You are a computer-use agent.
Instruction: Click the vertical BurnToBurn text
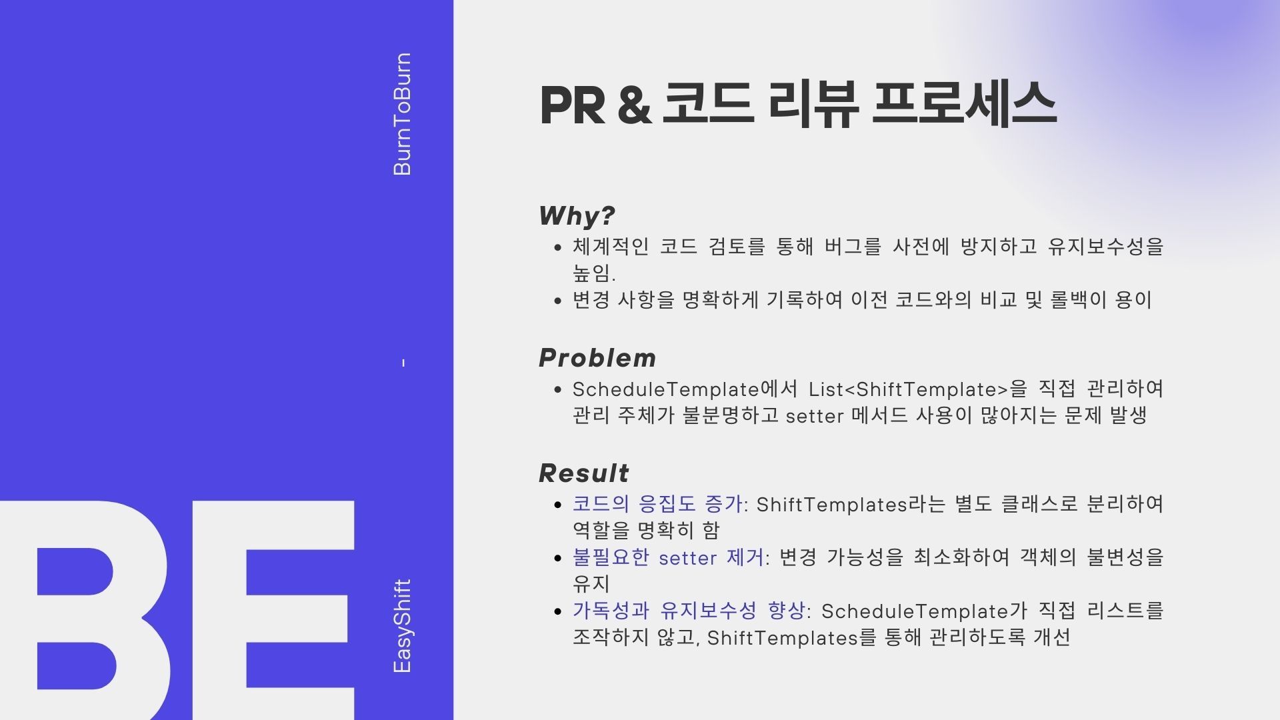[403, 114]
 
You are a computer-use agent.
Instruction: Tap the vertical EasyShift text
[403, 626]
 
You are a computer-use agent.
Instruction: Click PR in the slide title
[572, 105]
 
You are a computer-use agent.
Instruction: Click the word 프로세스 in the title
[964, 104]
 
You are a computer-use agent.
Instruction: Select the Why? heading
[577, 215]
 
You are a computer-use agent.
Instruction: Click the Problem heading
[597, 358]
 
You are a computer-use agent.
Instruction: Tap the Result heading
[584, 473]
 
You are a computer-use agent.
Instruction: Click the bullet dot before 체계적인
[558, 247]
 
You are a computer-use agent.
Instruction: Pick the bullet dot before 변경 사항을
[558, 301]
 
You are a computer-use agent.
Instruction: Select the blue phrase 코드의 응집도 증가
[657, 503]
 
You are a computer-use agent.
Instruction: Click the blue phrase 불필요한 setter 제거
[668, 557]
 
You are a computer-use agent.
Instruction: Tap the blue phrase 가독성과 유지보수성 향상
[689, 610]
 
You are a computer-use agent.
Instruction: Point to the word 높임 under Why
[591, 273]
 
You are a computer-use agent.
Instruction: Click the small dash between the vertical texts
[403, 363]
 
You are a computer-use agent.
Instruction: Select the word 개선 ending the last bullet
[1052, 637]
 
